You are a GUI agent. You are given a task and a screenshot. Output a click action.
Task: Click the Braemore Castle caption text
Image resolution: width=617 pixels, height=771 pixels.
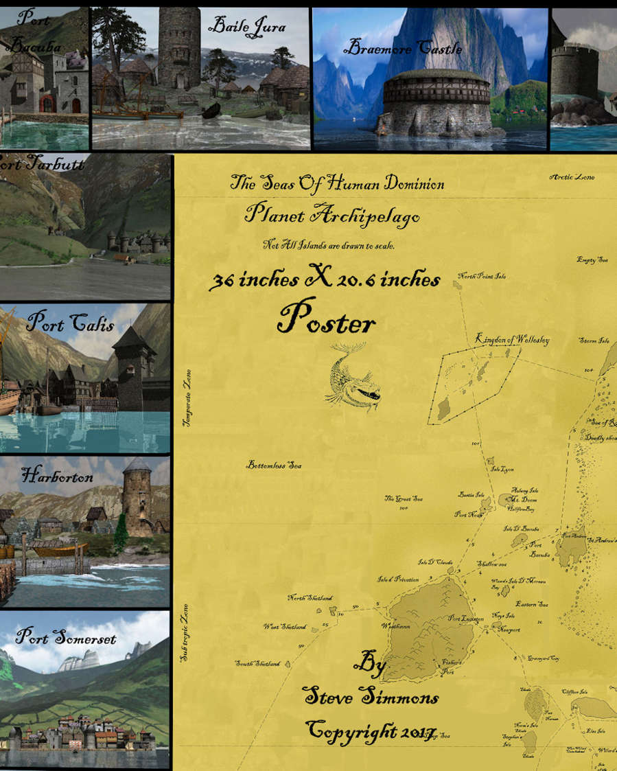pos(403,49)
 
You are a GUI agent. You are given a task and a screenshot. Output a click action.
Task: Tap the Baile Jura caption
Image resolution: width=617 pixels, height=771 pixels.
pos(246,27)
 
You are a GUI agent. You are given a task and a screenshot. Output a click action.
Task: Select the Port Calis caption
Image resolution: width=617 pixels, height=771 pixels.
pos(70,324)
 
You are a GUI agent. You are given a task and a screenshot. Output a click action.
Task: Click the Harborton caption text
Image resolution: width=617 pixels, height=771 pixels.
pos(57,474)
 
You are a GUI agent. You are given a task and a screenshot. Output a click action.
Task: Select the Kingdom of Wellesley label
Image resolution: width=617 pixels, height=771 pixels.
pos(512,340)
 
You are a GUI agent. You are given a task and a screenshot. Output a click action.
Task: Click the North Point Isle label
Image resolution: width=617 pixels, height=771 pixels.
pos(482,277)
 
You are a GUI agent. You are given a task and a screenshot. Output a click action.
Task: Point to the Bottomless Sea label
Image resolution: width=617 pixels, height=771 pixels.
pos(275,465)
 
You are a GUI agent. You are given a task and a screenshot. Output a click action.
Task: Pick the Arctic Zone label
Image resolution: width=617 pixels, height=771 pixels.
pos(572,178)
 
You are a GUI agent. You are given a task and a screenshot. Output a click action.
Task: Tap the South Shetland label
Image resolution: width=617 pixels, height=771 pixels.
pos(258,664)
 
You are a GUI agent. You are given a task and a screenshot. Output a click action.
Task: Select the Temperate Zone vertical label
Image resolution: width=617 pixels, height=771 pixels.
pos(187,399)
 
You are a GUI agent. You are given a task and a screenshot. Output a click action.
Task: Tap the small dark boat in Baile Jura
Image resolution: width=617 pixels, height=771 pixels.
pos(211,110)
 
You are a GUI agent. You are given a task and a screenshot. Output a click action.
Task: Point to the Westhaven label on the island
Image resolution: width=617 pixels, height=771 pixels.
pos(396,626)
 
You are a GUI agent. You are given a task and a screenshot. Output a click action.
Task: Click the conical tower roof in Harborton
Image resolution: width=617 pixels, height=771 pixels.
pos(138,464)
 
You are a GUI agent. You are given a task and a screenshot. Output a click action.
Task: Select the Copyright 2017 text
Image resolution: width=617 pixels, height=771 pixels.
pos(371,730)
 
